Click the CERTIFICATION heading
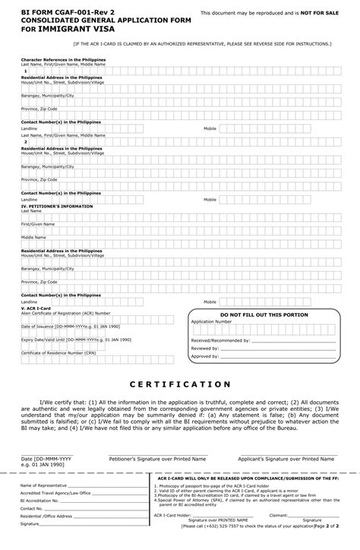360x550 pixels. pos(179,384)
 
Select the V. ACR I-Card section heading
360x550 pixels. pos(35,308)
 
